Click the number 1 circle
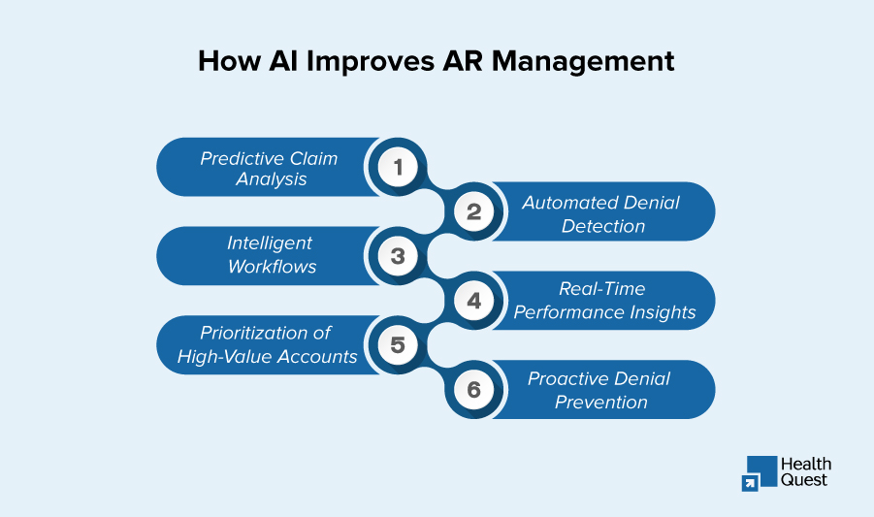(398, 167)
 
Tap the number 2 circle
(473, 211)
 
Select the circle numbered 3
(398, 256)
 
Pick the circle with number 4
(473, 301)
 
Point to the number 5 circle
(398, 345)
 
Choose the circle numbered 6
(473, 390)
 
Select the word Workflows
(272, 267)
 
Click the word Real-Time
(601, 289)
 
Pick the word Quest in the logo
(804, 479)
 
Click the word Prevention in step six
(600, 402)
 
